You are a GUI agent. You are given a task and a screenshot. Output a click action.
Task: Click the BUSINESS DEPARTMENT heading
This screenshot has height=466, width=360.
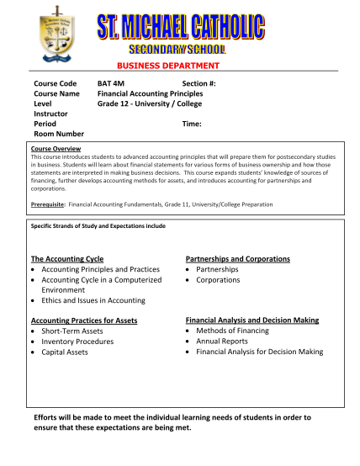tap(179, 66)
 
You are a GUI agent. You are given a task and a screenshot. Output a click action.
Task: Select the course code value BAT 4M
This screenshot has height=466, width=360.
tap(111, 83)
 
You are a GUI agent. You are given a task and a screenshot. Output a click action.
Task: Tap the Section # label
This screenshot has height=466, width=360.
tap(199, 83)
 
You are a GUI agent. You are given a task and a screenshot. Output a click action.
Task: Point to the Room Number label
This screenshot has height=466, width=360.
tap(59, 134)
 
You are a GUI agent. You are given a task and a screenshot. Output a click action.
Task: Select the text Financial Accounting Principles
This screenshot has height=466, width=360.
tap(150, 93)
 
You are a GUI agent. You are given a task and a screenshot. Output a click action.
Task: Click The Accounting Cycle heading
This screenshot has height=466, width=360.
tap(67, 259)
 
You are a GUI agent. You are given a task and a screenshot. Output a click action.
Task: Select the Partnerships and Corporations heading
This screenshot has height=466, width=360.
tap(237, 259)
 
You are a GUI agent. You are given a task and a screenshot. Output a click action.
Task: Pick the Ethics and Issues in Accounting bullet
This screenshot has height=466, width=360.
tap(93, 300)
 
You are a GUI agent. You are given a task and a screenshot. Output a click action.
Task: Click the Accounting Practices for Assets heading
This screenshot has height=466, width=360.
tap(83, 321)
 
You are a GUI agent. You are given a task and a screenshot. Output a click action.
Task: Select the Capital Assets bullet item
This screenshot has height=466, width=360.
tap(65, 352)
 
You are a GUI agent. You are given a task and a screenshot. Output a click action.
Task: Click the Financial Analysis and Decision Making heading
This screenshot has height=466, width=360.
tap(251, 321)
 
